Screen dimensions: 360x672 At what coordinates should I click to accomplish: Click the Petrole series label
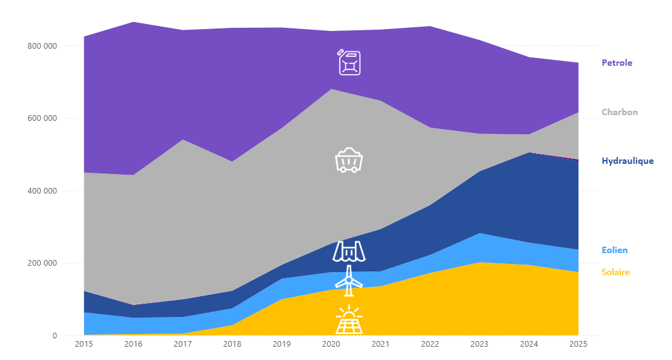pos(616,63)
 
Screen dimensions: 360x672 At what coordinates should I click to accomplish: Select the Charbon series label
pos(619,112)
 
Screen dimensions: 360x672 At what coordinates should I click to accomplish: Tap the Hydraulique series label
pos(627,161)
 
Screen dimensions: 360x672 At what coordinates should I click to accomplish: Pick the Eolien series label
pos(614,250)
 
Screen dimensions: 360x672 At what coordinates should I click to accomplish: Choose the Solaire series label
pos(616,272)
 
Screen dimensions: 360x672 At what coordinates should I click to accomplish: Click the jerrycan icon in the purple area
pos(349,63)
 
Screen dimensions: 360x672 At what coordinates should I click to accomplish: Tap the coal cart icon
pos(349,160)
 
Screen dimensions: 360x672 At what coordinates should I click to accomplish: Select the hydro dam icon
pos(349,251)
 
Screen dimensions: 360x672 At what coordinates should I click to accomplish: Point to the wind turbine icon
pos(349,280)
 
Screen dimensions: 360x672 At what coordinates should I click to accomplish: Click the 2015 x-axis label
pos(84,344)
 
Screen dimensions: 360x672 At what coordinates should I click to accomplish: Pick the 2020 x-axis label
pos(331,344)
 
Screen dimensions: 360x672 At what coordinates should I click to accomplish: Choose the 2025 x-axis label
pos(578,344)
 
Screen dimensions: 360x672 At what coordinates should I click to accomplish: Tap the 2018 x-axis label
pos(232,344)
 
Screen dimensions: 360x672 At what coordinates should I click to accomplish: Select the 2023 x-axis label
pos(480,344)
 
